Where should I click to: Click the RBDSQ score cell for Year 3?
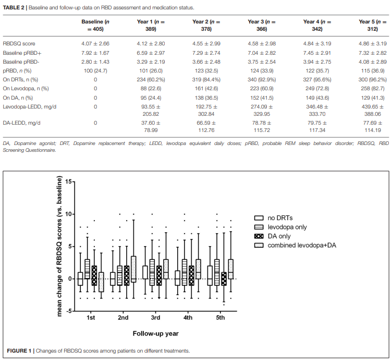262,43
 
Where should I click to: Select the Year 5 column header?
373,25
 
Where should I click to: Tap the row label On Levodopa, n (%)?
26,89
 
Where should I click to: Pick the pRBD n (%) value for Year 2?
206,71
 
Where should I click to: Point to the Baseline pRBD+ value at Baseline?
95,53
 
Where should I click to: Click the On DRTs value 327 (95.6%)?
317,80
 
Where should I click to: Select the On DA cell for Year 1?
151,98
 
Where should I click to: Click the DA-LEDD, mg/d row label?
21,123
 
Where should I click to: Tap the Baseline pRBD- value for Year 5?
373,62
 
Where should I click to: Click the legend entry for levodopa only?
280,227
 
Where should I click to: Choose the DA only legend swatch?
259,236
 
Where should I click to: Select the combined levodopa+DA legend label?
302,246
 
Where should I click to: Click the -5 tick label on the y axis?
68,311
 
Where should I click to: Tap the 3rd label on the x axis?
155,318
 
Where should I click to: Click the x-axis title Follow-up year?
155,333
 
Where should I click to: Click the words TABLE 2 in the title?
14,7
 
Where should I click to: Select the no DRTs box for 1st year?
80,279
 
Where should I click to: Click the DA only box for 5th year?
224,279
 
